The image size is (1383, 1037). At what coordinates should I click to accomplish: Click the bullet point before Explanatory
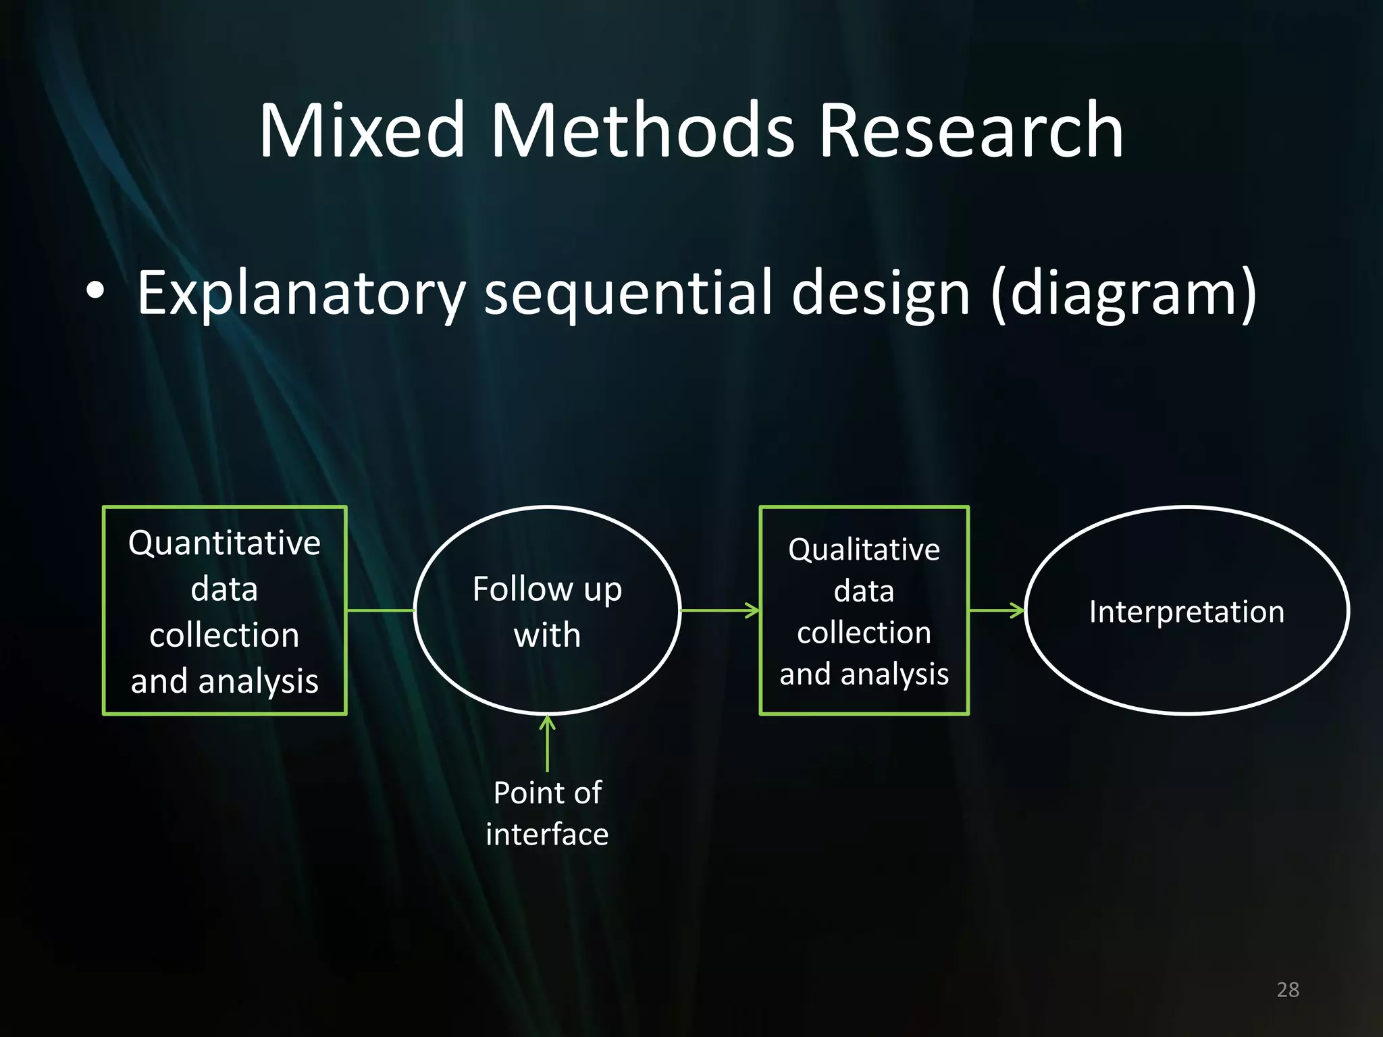point(96,291)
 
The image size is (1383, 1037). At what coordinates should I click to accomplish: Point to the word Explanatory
point(301,294)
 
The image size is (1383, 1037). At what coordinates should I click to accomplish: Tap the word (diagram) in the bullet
point(1124,294)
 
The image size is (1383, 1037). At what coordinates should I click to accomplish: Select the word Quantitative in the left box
point(224,543)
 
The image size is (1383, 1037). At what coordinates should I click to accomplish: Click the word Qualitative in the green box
point(864,550)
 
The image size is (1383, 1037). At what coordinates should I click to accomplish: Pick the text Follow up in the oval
point(547,589)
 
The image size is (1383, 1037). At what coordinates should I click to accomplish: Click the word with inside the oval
point(547,635)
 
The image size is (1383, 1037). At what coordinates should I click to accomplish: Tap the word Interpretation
point(1186,612)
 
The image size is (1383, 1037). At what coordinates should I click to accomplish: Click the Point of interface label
point(547,813)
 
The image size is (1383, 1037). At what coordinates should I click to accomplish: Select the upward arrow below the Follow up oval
point(548,743)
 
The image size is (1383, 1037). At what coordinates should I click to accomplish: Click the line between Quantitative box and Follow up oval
point(380,610)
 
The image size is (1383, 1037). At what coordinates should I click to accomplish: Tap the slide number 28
point(1288,990)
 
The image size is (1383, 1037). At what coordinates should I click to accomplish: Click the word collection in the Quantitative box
point(224,635)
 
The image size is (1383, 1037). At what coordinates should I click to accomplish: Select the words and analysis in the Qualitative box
point(864,674)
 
